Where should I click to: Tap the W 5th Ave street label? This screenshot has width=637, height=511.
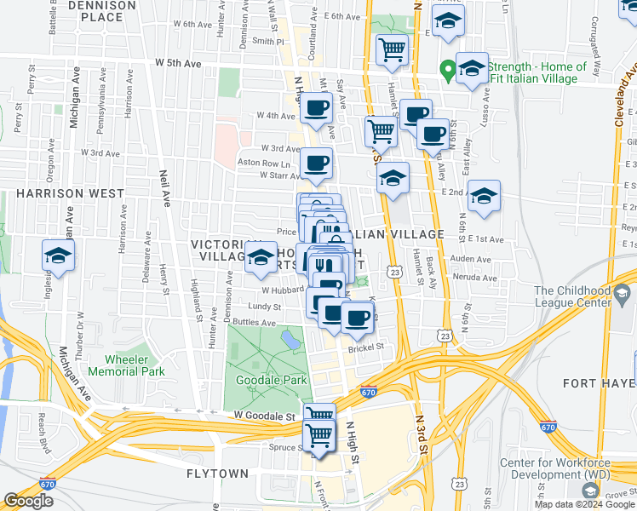(177, 64)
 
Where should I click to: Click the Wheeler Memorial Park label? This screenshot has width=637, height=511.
(135, 365)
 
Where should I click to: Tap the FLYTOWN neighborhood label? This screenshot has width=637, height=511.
(218, 473)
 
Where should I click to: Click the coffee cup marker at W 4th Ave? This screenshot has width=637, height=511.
(317, 109)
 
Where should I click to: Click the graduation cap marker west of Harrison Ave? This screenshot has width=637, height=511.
(59, 255)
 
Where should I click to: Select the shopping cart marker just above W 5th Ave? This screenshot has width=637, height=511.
(391, 49)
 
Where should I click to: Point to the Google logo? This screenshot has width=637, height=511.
(27, 501)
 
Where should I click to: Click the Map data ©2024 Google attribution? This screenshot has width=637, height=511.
(584, 504)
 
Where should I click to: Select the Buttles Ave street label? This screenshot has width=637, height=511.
(255, 324)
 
